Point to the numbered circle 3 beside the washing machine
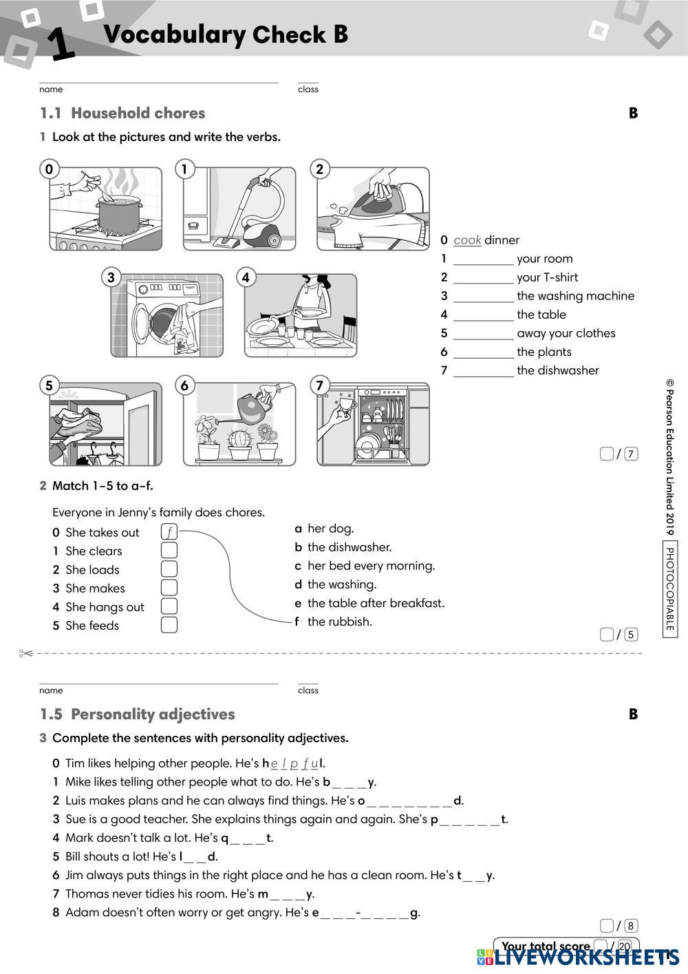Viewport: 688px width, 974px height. click(x=111, y=277)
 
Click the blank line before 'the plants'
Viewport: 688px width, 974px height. click(x=483, y=352)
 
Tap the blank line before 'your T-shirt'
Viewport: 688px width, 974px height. click(x=483, y=278)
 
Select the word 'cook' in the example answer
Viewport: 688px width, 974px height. click(x=467, y=240)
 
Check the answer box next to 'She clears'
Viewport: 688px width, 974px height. click(x=169, y=551)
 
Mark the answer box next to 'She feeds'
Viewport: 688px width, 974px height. click(x=169, y=625)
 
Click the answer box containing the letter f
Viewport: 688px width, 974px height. click(x=169, y=532)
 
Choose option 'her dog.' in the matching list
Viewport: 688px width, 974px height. click(x=330, y=529)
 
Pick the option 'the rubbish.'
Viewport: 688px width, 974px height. click(x=339, y=622)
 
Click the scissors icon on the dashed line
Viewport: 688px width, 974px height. click(x=26, y=653)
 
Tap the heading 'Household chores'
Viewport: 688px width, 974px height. click(x=138, y=113)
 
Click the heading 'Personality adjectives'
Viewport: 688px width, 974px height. click(x=153, y=714)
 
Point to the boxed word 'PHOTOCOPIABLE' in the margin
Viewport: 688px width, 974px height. click(x=670, y=589)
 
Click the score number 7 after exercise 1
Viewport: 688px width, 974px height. click(x=631, y=454)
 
